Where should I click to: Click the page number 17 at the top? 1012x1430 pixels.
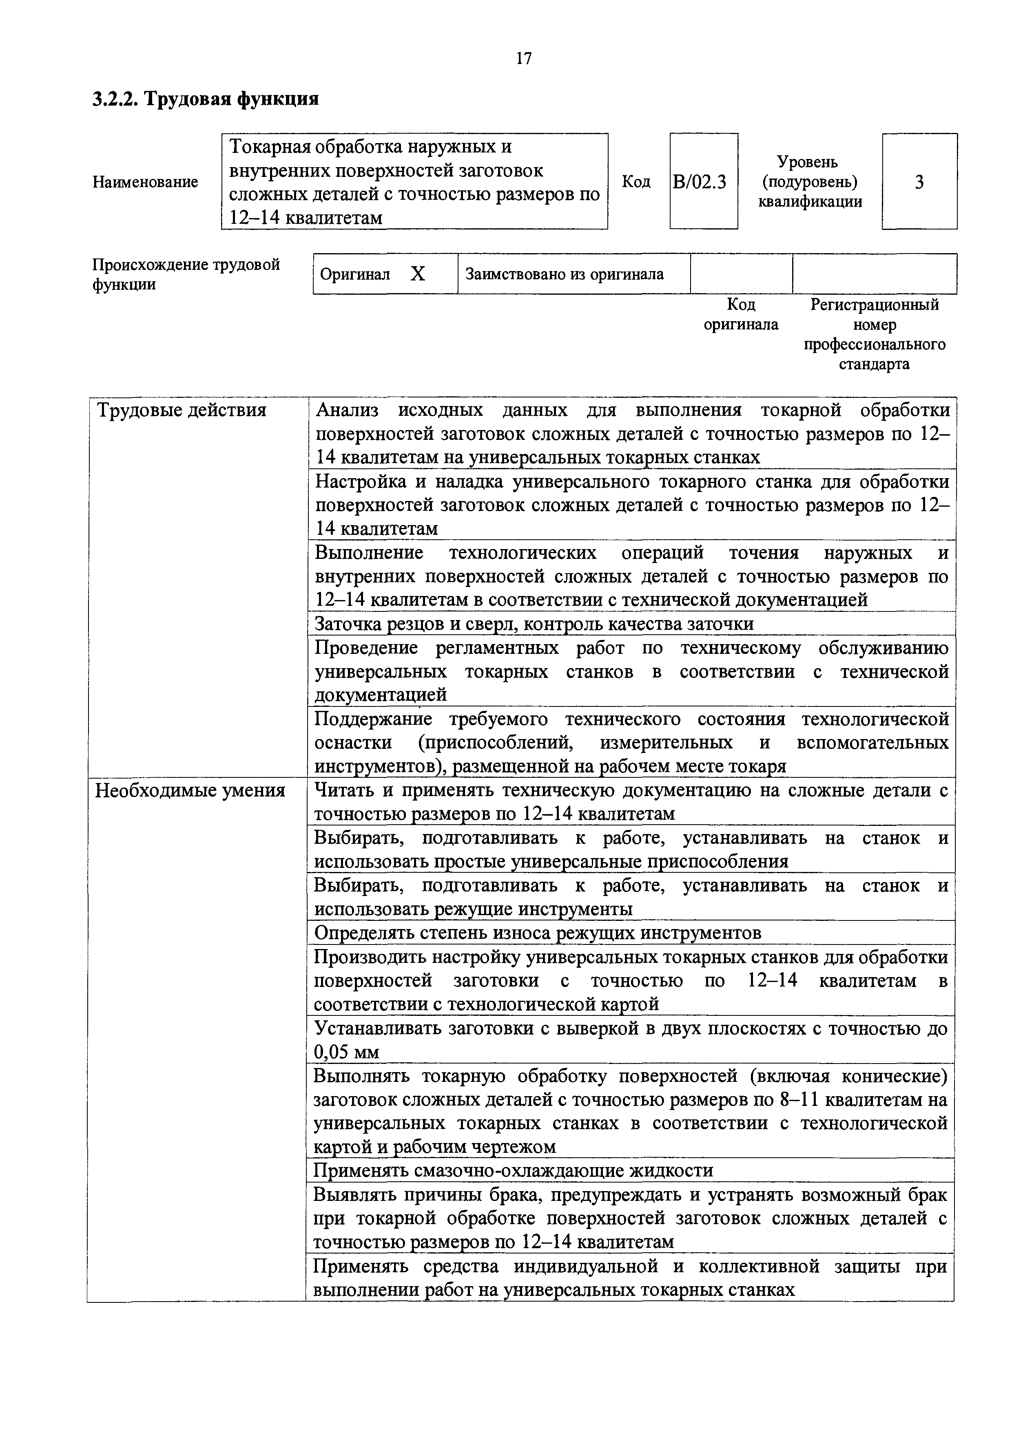pos(524,59)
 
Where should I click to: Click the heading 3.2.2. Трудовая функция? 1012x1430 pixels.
pos(206,99)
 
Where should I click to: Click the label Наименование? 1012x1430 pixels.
pos(145,182)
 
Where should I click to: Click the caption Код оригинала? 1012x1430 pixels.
pos(741,315)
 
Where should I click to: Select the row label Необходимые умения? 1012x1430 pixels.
pos(189,790)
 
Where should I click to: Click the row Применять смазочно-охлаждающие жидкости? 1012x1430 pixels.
pos(513,1171)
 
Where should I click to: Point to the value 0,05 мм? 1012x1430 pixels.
pos(346,1052)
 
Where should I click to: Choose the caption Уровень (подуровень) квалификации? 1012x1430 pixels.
pos(810,182)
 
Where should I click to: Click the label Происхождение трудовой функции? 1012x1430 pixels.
pos(186,274)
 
